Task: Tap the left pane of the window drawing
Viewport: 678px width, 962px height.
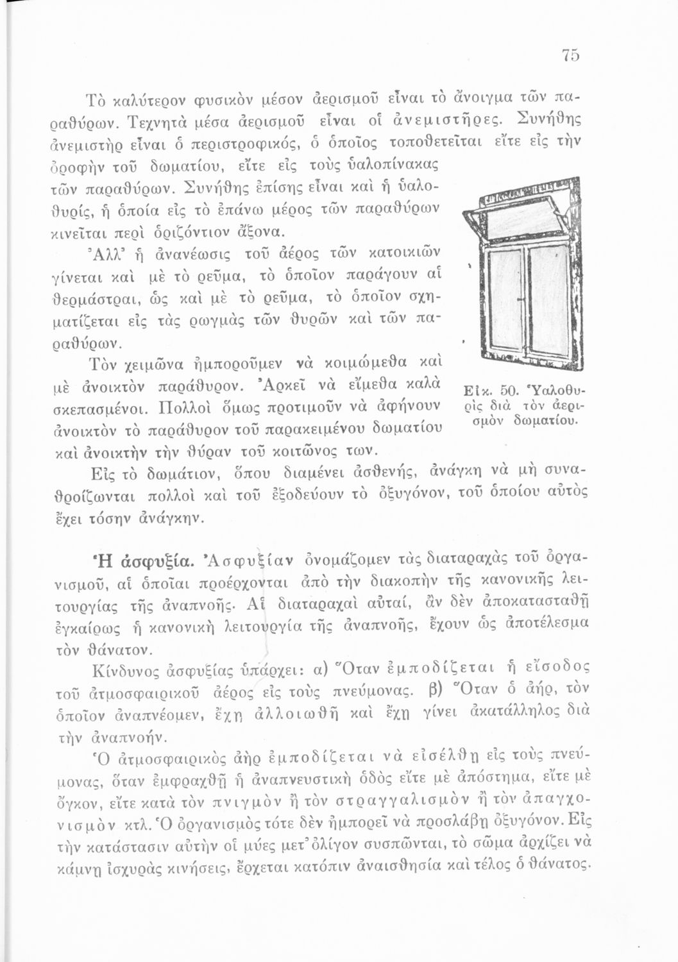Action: (505, 298)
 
